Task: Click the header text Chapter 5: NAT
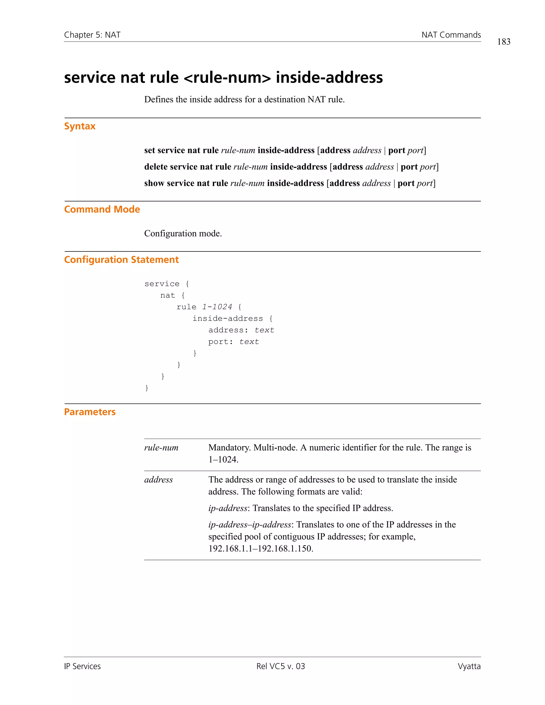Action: tap(92, 35)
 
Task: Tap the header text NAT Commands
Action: tap(451, 35)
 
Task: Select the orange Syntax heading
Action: tap(80, 126)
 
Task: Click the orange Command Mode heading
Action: tap(102, 209)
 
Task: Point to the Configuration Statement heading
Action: tap(121, 260)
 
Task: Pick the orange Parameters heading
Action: tap(90, 412)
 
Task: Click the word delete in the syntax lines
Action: tap(156, 167)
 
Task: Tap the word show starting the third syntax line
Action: tap(154, 183)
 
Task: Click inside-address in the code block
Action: tap(228, 319)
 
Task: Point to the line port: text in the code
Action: tap(233, 342)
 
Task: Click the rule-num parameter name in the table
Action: tap(161, 448)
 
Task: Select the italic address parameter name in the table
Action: tap(158, 480)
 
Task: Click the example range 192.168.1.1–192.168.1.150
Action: tap(261, 549)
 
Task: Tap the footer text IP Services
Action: tap(82, 666)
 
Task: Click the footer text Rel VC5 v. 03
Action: tap(280, 666)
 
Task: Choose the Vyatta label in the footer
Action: tap(469, 666)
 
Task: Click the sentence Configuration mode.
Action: tap(183, 233)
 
